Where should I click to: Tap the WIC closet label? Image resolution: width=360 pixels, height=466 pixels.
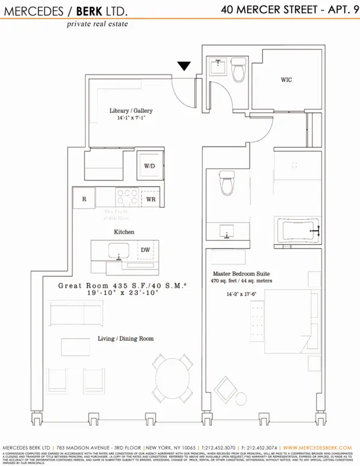pos(286,80)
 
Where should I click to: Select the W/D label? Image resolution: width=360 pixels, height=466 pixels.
pos(149,166)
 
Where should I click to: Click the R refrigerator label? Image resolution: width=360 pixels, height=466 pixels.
pos(84,198)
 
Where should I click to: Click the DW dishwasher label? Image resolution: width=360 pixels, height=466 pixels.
pos(145,250)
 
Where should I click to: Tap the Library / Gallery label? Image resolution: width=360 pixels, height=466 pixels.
pos(131,110)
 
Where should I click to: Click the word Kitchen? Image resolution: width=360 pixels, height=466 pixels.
pos(124,231)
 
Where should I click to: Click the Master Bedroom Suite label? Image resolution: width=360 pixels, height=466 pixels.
pos(246,274)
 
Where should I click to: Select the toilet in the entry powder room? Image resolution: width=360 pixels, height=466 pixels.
pos(238,71)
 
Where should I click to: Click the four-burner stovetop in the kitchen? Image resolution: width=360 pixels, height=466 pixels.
pos(125,198)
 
